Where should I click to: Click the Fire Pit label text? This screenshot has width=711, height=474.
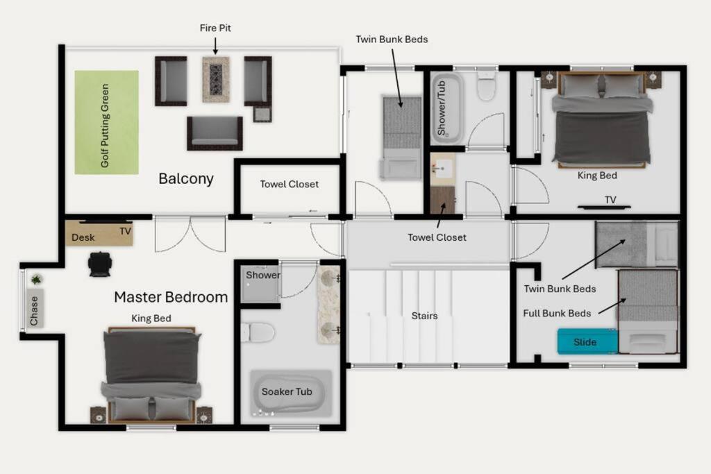tap(215, 28)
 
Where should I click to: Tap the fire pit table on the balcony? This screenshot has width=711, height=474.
tap(216, 79)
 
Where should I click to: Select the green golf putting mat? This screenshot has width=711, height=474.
tap(106, 122)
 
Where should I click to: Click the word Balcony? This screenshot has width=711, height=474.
tap(186, 178)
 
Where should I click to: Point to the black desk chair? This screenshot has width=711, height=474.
tap(99, 264)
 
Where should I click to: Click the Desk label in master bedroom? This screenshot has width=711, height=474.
tap(83, 237)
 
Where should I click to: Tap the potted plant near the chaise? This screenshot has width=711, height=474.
tap(36, 279)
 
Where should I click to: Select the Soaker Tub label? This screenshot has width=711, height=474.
tap(287, 391)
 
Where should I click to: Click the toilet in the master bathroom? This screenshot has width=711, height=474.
tap(258, 332)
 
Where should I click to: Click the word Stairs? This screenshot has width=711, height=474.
tap(424, 316)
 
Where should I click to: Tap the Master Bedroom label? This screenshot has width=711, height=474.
tap(171, 297)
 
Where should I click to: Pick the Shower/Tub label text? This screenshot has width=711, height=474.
tap(441, 108)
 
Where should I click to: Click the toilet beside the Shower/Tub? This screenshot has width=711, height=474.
tap(486, 86)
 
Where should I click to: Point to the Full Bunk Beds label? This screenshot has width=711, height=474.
tap(557, 313)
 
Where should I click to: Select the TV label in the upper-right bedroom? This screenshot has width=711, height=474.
tap(610, 200)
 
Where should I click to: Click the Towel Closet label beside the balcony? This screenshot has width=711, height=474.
tap(290, 184)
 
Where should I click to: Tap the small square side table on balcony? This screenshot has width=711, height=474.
tap(262, 114)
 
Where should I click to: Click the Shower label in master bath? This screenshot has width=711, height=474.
tap(263, 275)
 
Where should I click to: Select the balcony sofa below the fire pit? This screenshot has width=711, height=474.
tap(215, 133)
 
